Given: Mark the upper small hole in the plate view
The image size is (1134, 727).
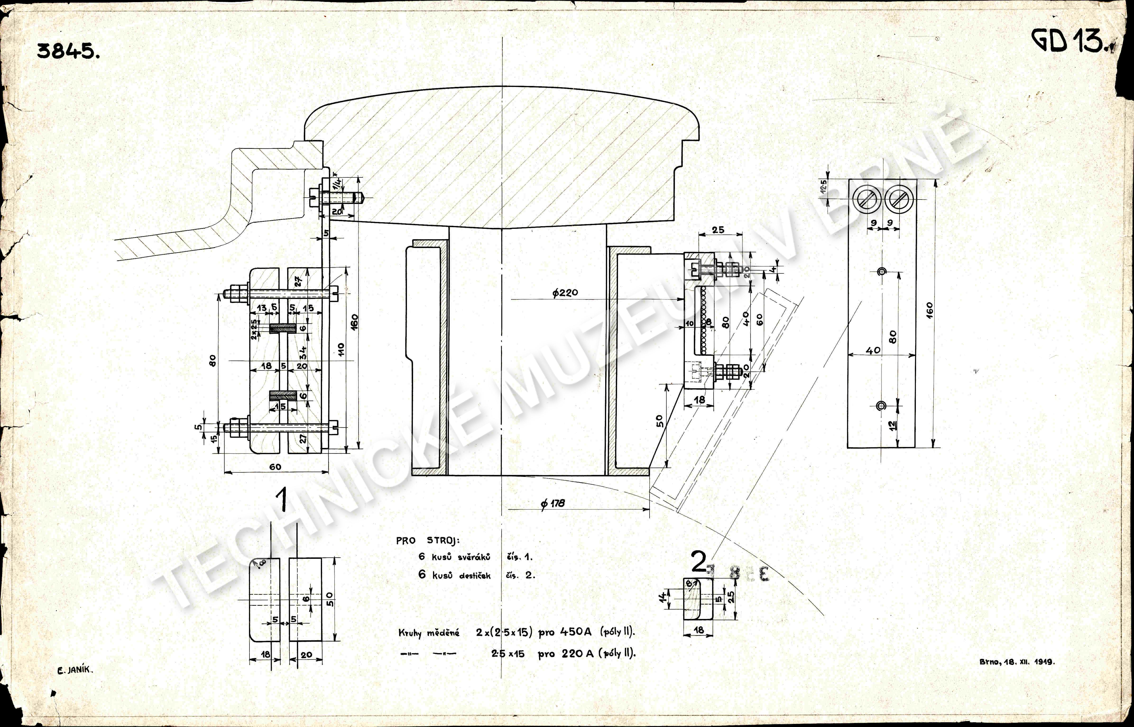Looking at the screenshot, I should click(881, 271).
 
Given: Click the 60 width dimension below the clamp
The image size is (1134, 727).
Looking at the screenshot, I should click(276, 467).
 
